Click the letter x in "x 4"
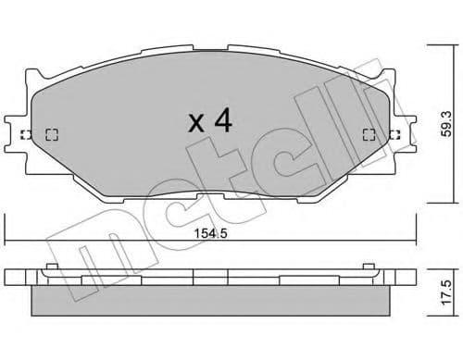pyautogui.click(x=197, y=123)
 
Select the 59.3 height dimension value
pyautogui.click(x=446, y=120)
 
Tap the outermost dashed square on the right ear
pyautogui.click(x=395, y=134)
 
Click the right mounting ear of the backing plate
pyautogui.click(x=405, y=134)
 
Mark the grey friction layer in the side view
pyautogui.click(x=211, y=299)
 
